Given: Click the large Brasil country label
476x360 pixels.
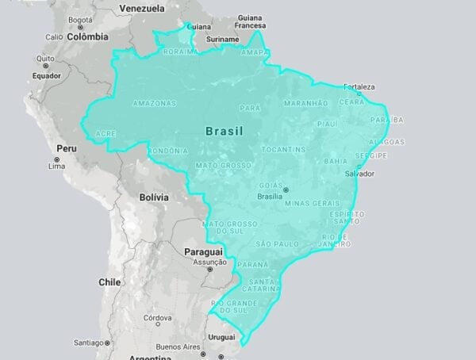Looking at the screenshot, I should (x=224, y=130).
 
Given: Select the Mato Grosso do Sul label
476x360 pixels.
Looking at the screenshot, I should (x=225, y=228).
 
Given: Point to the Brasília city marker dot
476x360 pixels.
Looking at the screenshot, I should (x=286, y=189).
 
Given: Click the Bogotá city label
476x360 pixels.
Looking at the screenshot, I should (x=82, y=19).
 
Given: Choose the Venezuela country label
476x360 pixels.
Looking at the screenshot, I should (x=142, y=8).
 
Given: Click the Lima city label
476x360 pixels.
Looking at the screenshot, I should (x=57, y=167).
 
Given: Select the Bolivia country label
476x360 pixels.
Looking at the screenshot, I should (x=154, y=197).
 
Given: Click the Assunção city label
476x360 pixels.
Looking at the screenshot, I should (x=210, y=262).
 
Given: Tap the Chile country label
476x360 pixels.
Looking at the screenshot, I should (x=109, y=282).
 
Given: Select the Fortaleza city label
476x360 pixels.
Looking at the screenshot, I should (x=359, y=86).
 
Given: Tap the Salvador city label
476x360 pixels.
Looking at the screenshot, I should (x=359, y=173).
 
